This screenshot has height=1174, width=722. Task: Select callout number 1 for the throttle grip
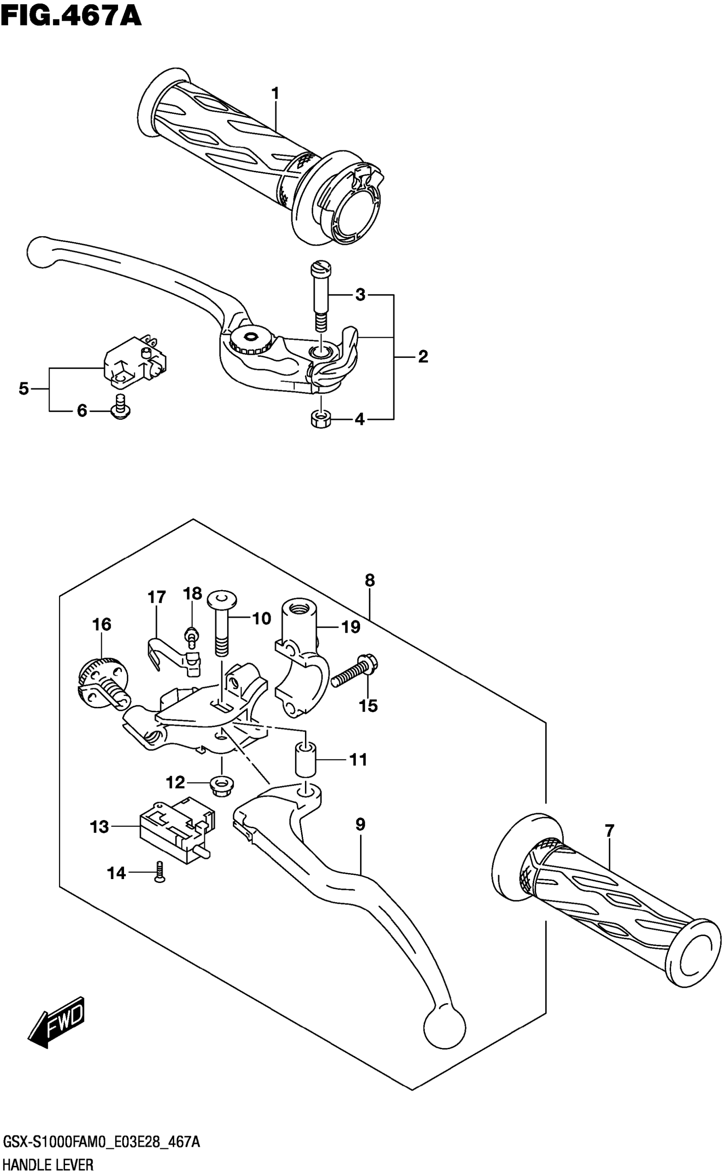pyautogui.click(x=275, y=93)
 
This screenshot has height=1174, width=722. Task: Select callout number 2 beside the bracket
pyautogui.click(x=423, y=356)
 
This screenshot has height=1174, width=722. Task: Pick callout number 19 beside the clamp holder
pyautogui.click(x=350, y=627)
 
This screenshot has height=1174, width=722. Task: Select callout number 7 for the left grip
pyautogui.click(x=609, y=831)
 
